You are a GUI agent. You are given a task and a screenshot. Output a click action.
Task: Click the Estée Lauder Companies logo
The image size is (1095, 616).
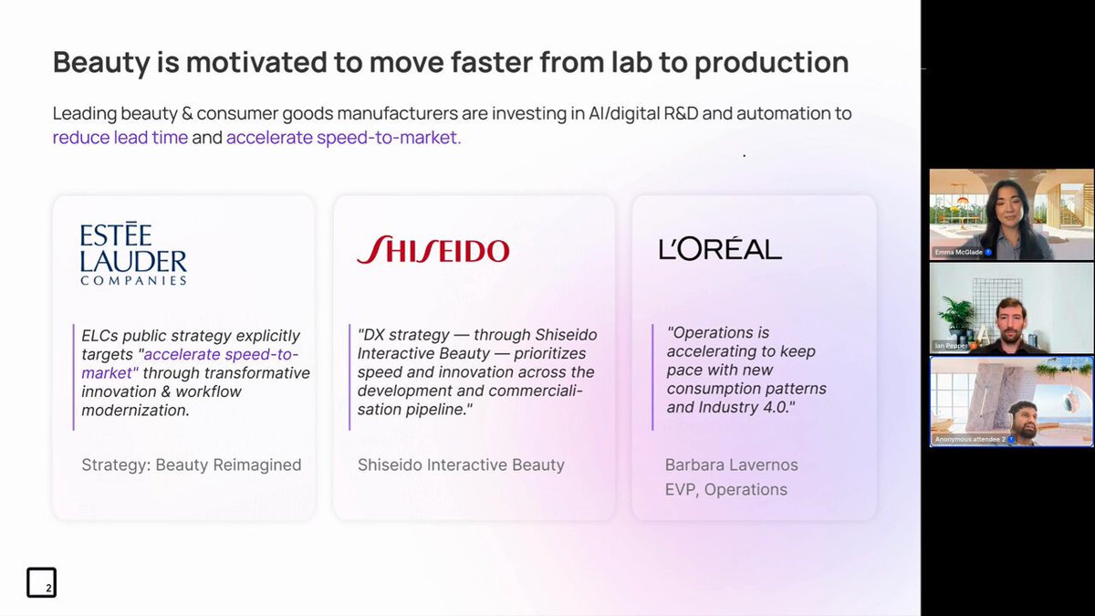(133, 253)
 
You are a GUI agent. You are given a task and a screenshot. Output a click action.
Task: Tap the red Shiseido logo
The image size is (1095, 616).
(433, 249)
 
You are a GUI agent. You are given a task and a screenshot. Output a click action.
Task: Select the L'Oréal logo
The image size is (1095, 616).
(720, 249)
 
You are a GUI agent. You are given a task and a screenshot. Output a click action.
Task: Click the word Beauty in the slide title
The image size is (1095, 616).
(101, 63)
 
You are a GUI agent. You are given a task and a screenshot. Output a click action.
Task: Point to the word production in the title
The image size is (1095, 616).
(771, 63)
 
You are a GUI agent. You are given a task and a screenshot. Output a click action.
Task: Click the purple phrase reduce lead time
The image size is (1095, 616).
(120, 138)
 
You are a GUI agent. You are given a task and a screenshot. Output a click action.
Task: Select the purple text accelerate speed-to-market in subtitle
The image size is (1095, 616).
(344, 138)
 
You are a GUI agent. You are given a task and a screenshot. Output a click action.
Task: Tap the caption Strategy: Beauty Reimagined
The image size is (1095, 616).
(191, 465)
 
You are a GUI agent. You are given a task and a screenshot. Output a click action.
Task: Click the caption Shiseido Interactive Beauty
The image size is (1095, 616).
(461, 465)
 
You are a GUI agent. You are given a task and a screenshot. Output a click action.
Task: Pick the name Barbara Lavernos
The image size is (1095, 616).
(731, 465)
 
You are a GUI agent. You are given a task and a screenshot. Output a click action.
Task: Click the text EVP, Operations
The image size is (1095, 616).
(726, 489)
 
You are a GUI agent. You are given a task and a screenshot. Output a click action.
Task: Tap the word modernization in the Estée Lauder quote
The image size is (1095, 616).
(135, 410)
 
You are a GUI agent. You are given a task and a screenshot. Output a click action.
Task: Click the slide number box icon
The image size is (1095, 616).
(42, 582)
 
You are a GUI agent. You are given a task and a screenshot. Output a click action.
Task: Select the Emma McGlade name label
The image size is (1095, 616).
(959, 252)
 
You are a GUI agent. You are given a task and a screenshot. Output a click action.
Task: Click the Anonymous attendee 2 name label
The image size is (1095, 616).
(970, 439)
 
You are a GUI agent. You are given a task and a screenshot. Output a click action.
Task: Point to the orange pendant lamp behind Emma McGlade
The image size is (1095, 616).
(961, 200)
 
